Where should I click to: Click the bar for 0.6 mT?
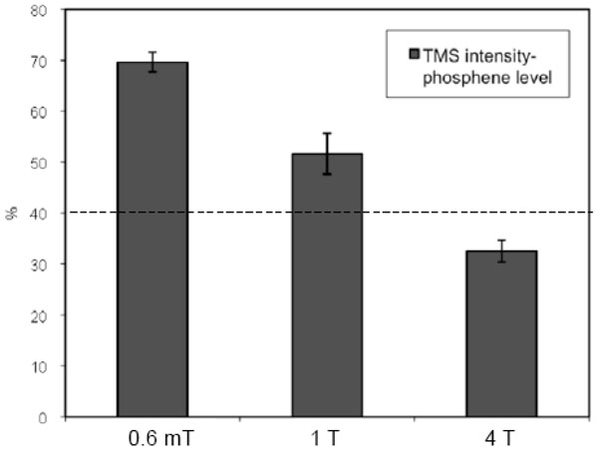152,239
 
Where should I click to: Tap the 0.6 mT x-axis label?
152,437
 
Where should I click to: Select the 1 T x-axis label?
327,437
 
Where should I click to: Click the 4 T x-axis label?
501,437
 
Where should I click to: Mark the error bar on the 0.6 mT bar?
152,62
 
